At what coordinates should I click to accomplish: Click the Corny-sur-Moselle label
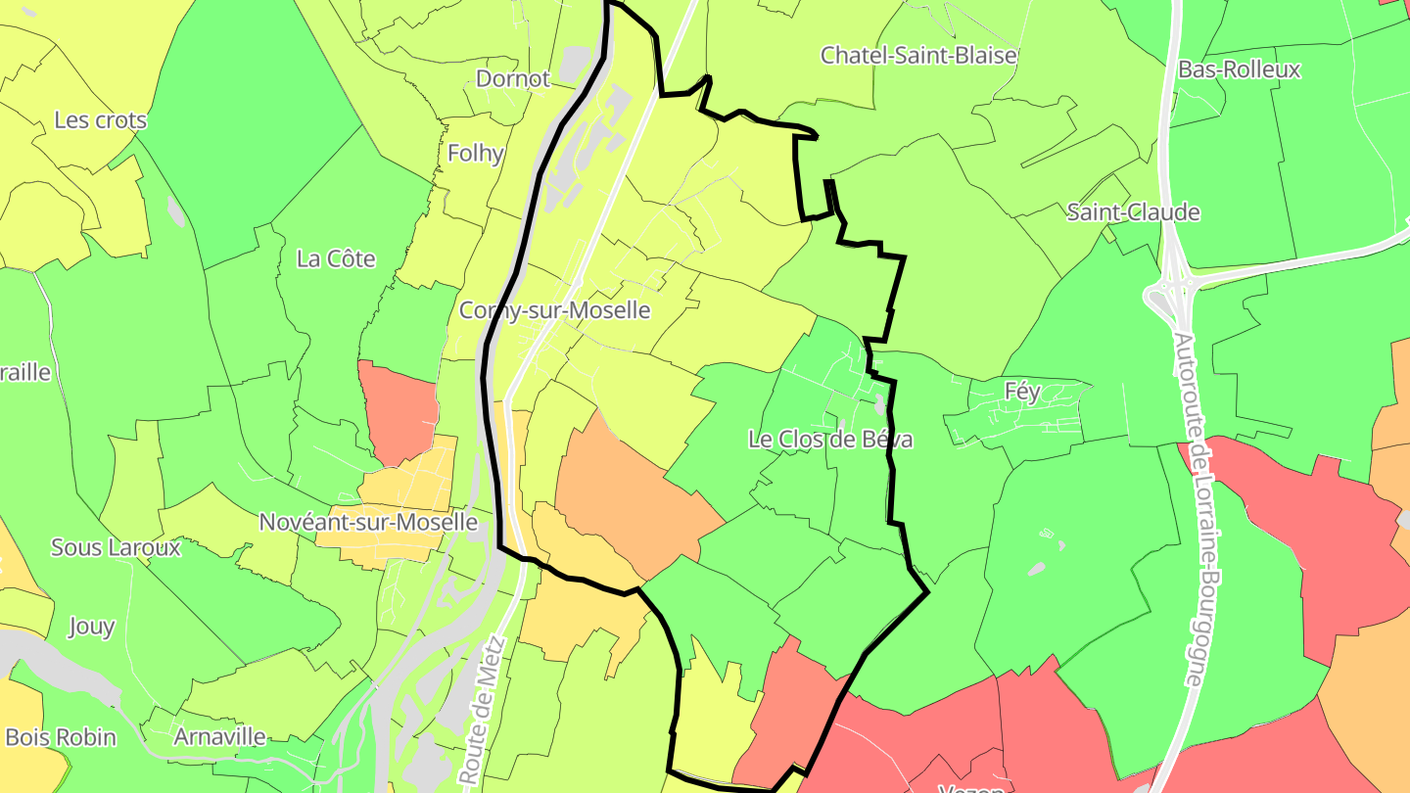tap(555, 310)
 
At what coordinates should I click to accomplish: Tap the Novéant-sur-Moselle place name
tap(368, 522)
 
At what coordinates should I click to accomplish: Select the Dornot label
tap(513, 78)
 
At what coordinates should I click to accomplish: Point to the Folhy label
tap(476, 153)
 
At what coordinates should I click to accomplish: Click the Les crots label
tap(100, 120)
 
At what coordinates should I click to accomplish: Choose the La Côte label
tap(336, 258)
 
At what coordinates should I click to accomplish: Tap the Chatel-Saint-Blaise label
tap(918, 55)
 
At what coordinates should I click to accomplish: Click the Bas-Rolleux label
tap(1239, 70)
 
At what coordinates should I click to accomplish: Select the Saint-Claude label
tap(1133, 212)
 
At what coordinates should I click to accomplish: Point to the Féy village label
tap(1022, 392)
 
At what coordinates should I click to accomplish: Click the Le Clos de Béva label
tap(830, 440)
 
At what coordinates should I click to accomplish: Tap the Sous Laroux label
tap(116, 547)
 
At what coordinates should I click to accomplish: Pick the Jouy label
tap(91, 627)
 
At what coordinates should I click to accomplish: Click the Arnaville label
tap(219, 736)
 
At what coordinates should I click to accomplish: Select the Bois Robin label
tap(61, 737)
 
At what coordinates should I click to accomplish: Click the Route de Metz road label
tap(483, 710)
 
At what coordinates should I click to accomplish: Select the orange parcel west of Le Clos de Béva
tap(627, 494)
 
